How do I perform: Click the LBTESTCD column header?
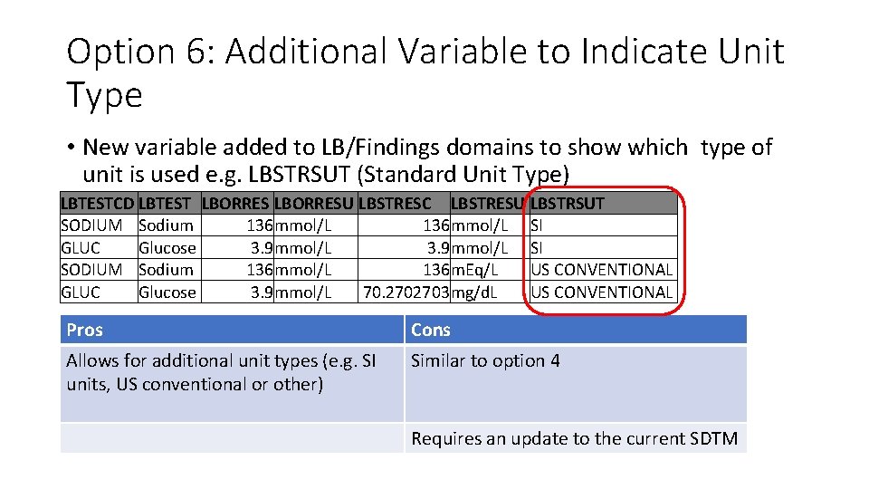tap(97, 203)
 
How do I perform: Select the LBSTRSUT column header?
tap(568, 203)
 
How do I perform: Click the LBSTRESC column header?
tap(396, 203)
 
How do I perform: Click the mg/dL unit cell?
tap(474, 292)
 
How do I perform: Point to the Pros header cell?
tap(85, 330)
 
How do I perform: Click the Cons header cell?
tap(431, 330)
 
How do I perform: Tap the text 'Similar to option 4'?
tap(485, 360)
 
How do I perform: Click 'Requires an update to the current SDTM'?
tap(574, 439)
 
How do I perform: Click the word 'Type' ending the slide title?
tap(104, 94)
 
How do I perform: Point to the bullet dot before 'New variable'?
tap(70, 147)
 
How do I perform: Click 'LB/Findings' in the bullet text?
tap(373, 147)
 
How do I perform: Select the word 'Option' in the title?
tap(119, 52)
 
